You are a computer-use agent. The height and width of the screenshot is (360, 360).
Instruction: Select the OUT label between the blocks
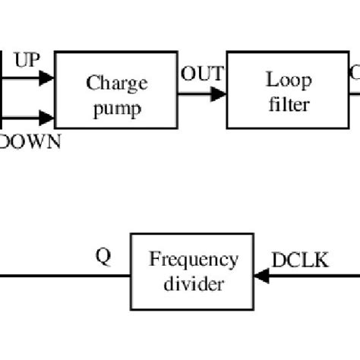point(202,74)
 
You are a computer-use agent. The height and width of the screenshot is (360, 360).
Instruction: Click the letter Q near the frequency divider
point(103,256)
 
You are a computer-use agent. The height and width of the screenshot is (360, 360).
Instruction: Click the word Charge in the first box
point(115,82)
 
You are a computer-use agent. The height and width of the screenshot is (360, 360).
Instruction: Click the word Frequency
point(194,261)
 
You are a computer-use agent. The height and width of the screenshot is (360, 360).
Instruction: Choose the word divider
point(194,285)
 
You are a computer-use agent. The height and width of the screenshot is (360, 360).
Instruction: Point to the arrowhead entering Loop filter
point(219,94)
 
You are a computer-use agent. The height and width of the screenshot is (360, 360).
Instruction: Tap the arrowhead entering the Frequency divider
point(263,276)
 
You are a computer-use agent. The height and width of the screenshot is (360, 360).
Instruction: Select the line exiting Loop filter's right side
point(355,94)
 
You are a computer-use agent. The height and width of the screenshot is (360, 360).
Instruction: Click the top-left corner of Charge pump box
point(55,52)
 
